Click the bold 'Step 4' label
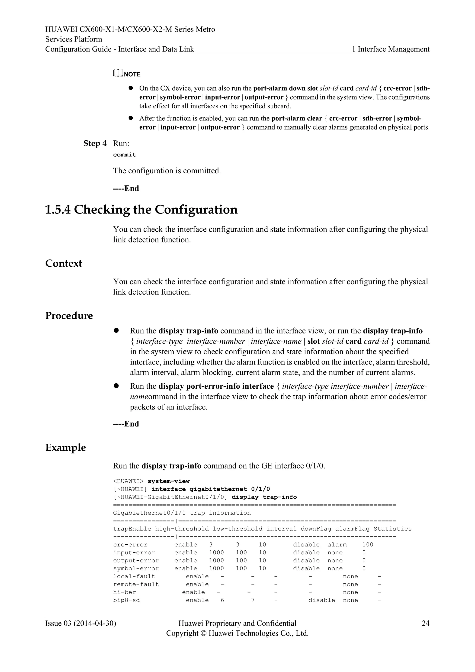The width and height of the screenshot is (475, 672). click(x=95, y=143)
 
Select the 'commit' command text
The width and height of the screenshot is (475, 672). click(x=125, y=155)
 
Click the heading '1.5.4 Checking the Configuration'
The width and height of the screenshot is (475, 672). click(x=141, y=210)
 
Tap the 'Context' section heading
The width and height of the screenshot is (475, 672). click(x=64, y=263)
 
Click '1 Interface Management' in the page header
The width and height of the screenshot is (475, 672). click(x=391, y=49)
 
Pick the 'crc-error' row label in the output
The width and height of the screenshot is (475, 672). click(x=130, y=545)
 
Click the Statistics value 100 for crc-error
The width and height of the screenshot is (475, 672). click(x=367, y=545)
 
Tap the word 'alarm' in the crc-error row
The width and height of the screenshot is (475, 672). click(x=337, y=545)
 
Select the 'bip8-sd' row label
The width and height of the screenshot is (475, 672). click(x=126, y=600)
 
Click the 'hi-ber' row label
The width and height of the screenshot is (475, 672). click(x=124, y=592)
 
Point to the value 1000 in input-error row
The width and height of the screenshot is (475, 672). click(x=216, y=552)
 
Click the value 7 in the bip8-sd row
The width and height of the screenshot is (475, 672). click(x=253, y=600)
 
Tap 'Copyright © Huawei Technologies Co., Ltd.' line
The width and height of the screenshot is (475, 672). click(x=237, y=633)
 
